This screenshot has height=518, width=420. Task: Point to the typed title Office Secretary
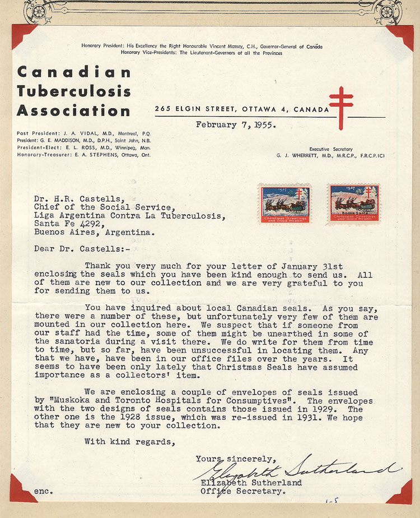click(243, 492)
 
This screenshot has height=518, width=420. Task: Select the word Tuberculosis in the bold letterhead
click(73, 91)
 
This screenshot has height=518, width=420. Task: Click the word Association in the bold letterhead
click(73, 110)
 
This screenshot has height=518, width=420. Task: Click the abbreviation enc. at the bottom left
click(44, 492)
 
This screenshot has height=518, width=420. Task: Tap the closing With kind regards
click(129, 441)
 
